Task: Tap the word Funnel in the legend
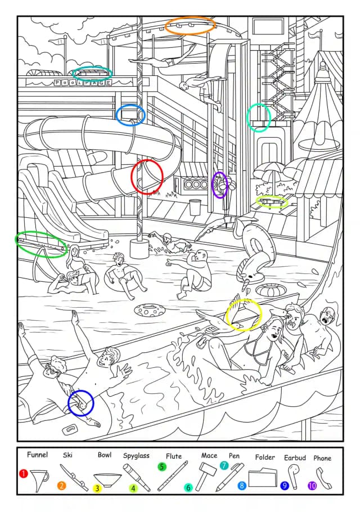pyautogui.click(x=37, y=455)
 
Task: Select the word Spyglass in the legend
pyautogui.click(x=136, y=456)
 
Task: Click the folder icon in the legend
pyautogui.click(x=262, y=478)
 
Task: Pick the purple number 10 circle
pyautogui.click(x=312, y=486)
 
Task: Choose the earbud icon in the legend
pyautogui.click(x=294, y=476)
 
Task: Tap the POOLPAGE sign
pyautogui.click(x=83, y=83)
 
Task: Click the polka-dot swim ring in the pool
pyautogui.click(x=150, y=310)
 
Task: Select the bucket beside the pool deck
pyautogui.click(x=195, y=207)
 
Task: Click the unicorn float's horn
pyautogui.click(x=245, y=284)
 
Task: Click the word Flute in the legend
pyautogui.click(x=174, y=456)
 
